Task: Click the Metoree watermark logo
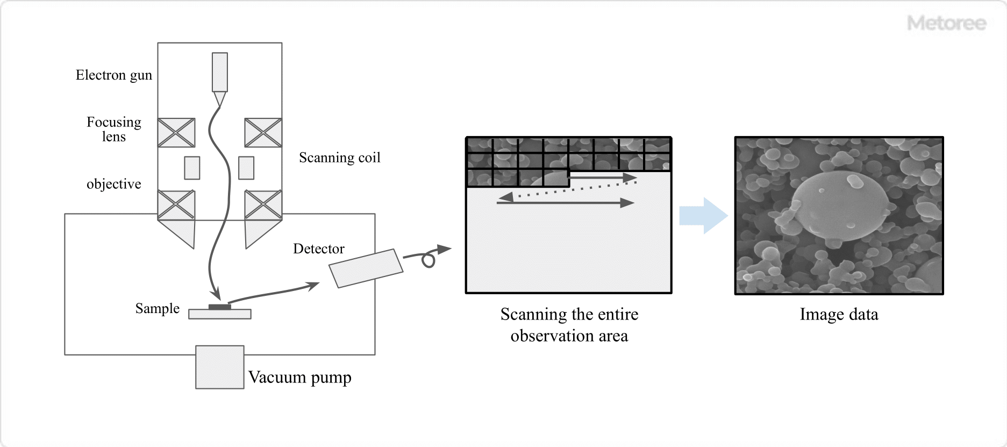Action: click(946, 23)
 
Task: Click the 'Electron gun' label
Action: click(113, 75)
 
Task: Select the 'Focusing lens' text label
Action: click(113, 129)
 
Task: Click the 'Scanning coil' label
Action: click(339, 158)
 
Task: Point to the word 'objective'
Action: click(113, 184)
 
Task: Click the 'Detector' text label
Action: click(318, 249)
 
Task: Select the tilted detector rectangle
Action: click(366, 268)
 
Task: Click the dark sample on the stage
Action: click(219, 307)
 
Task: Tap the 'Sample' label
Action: click(157, 308)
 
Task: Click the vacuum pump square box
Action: click(219, 367)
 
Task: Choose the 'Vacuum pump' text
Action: click(299, 377)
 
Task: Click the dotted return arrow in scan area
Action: click(570, 191)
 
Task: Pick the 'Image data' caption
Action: click(839, 314)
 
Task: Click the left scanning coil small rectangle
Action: click(192, 168)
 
